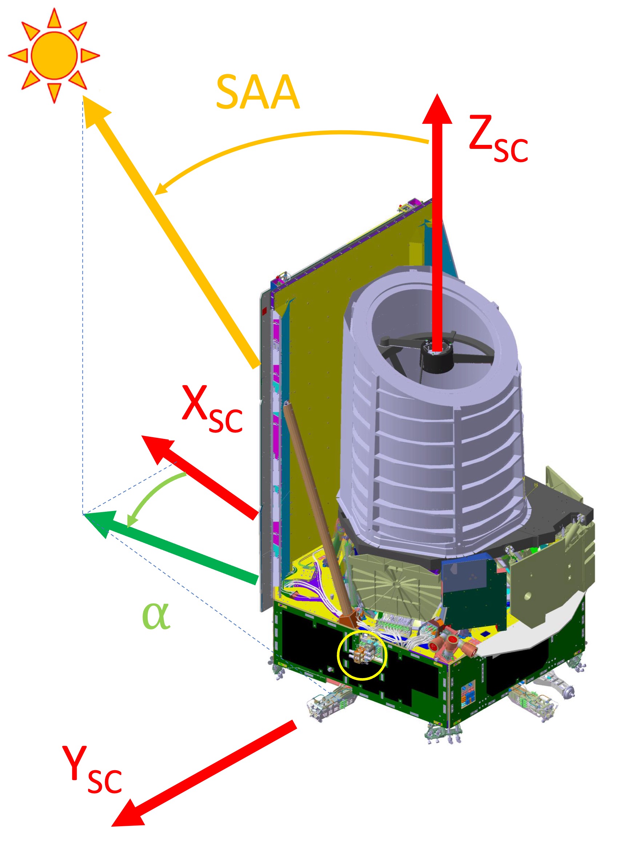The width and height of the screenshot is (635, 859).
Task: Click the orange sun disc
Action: (x=54, y=55)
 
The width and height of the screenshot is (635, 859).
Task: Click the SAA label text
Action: (x=257, y=92)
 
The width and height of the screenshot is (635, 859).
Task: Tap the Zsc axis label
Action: (x=498, y=138)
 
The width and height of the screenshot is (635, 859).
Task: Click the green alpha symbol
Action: (x=155, y=615)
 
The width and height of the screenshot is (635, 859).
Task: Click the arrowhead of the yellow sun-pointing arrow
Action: (x=94, y=111)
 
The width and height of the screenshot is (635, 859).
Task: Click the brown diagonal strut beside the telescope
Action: (x=315, y=508)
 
